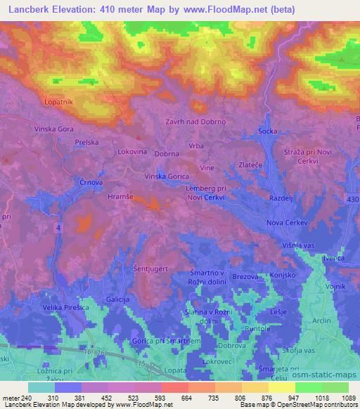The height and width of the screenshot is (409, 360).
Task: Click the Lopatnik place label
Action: pyautogui.click(x=59, y=102)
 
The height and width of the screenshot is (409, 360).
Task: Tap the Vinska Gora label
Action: pyautogui.click(x=53, y=130)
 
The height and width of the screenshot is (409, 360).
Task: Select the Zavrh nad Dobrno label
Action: pyautogui.click(x=195, y=121)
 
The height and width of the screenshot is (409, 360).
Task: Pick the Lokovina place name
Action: pyautogui.click(x=131, y=151)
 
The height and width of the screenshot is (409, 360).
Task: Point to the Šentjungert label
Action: pyautogui.click(x=150, y=268)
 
